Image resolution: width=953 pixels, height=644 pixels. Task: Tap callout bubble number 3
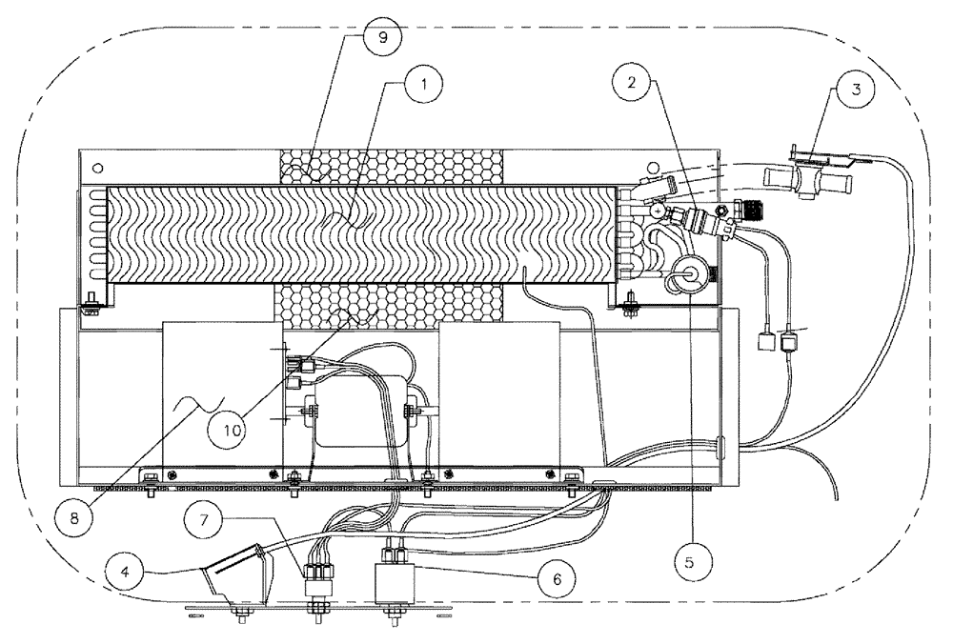(x=857, y=91)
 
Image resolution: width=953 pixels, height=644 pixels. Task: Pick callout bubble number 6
(x=560, y=578)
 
